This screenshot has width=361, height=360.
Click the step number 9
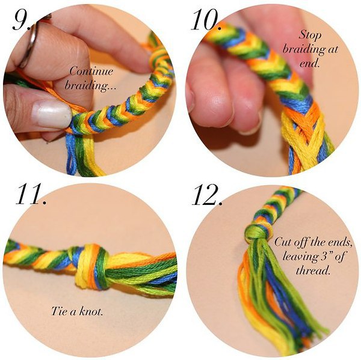(22, 20)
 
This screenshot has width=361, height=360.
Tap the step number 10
(206, 20)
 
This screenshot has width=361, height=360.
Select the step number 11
(31, 194)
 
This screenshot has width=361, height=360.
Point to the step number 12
(207, 195)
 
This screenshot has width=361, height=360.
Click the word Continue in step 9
(91, 71)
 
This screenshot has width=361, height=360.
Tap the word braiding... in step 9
(90, 85)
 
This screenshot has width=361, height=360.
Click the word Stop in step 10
(310, 36)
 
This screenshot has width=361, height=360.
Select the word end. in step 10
(310, 63)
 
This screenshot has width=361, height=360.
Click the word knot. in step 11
(91, 311)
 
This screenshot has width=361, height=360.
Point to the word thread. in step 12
(313, 270)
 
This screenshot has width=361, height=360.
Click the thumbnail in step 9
(51, 114)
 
